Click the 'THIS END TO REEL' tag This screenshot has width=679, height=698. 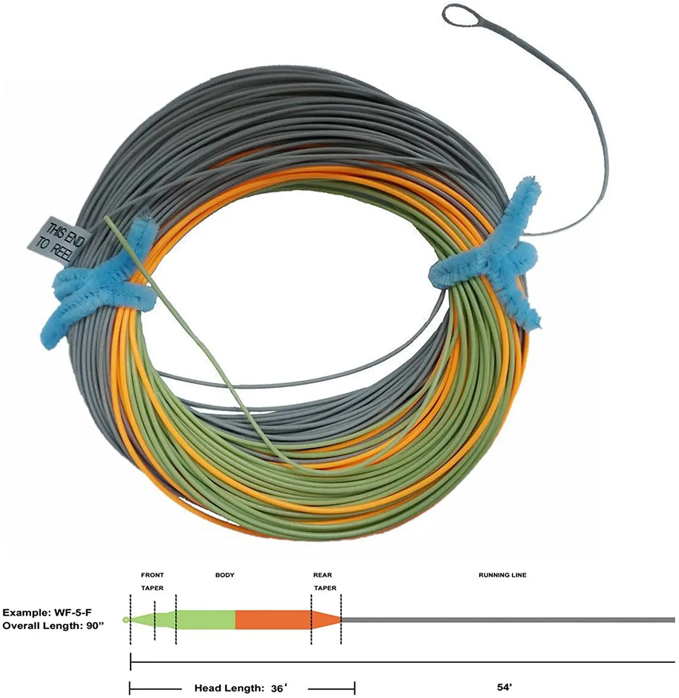tap(60, 242)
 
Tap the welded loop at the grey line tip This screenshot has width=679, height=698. tap(458, 17)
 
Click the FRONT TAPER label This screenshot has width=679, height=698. tap(152, 581)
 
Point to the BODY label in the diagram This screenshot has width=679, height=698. tap(225, 575)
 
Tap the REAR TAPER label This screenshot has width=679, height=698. tap(324, 581)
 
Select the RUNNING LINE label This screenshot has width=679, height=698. tap(502, 575)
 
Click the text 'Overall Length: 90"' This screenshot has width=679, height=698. tap(53, 626)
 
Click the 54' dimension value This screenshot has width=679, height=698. tap(504, 687)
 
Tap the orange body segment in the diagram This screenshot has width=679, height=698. tap(273, 620)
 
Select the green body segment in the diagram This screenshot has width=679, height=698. tap(205, 620)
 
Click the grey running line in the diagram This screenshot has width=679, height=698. tap(507, 620)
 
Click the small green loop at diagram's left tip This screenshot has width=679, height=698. tap(125, 620)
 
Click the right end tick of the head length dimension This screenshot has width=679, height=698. tap(355, 688)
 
